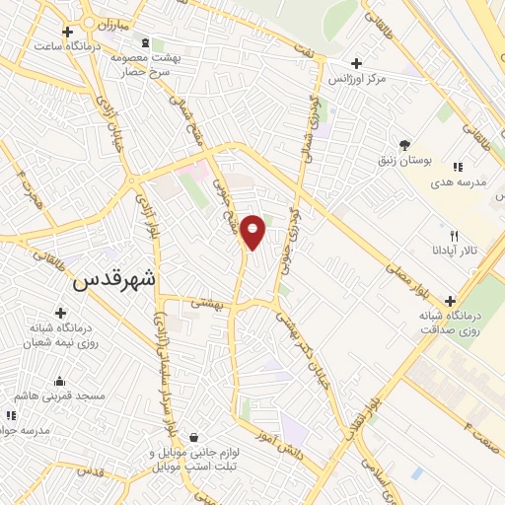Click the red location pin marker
[x=252, y=232]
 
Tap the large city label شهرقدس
[x=114, y=279]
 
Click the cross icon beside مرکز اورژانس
[x=342, y=63]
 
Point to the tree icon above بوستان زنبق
[x=404, y=144]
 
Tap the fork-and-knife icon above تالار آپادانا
[x=454, y=236]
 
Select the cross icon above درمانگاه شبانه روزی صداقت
[x=451, y=301]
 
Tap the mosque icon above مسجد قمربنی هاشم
[x=60, y=382]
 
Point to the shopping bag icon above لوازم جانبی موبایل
[x=194, y=437]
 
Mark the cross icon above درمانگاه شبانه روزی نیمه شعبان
[x=61, y=313]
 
